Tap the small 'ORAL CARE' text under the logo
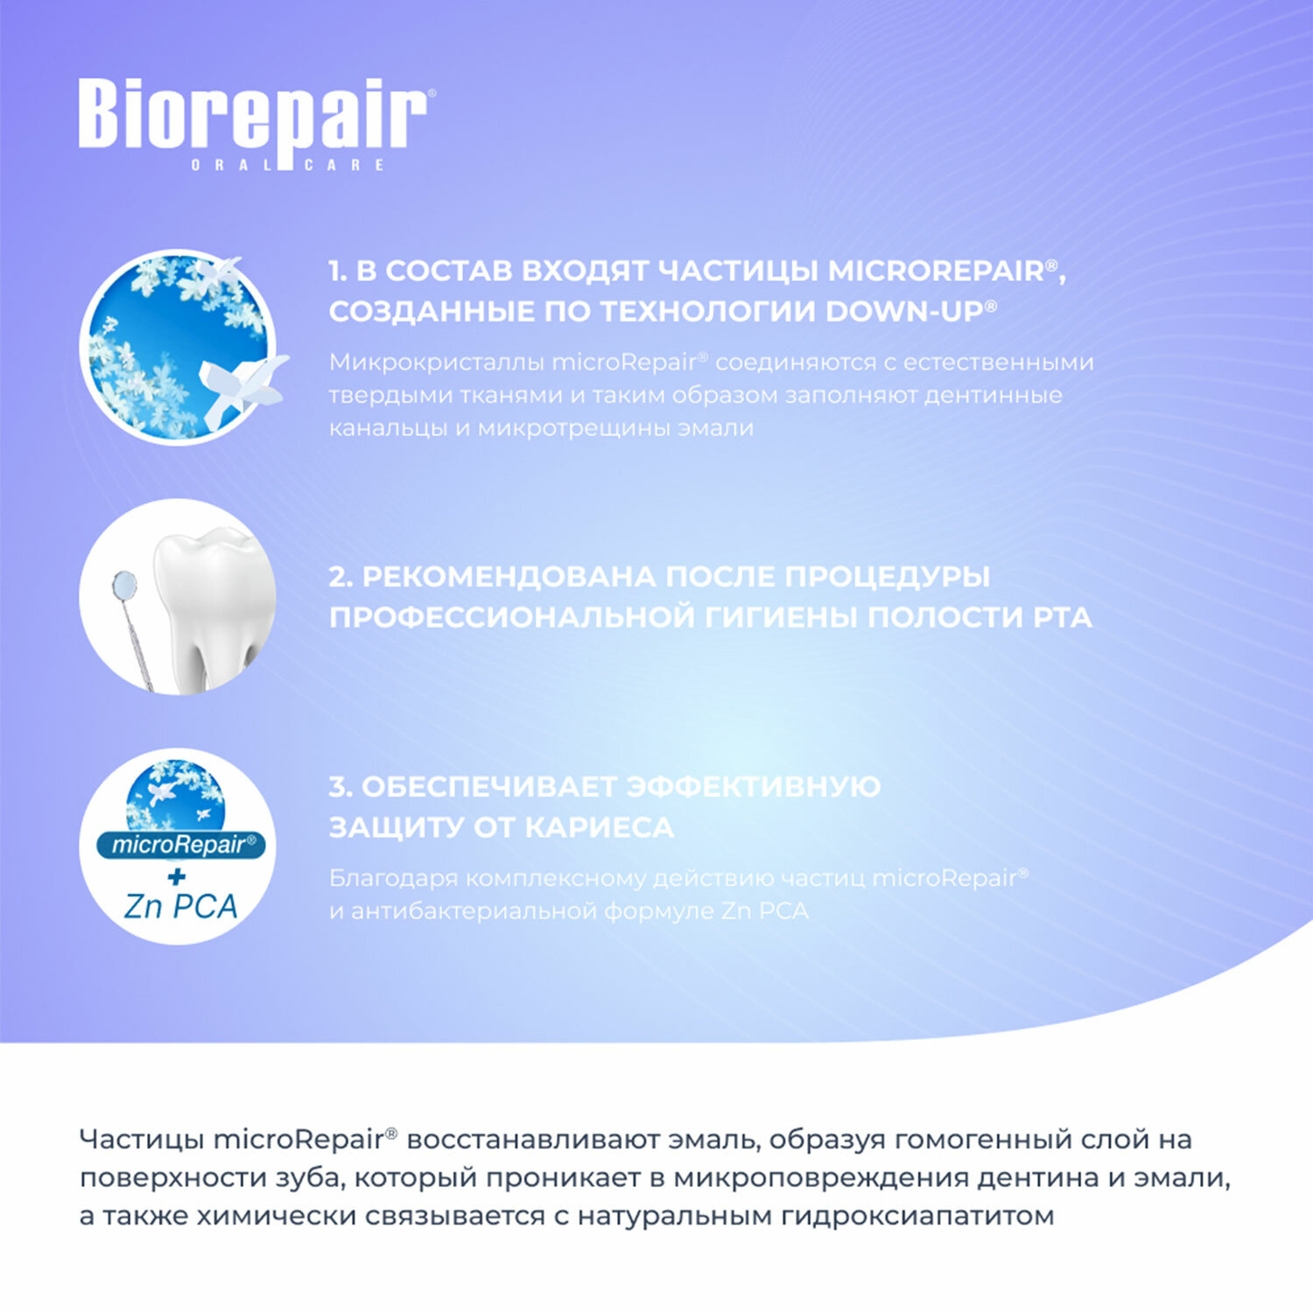click(288, 165)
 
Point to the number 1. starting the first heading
click(338, 271)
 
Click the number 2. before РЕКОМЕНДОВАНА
click(341, 577)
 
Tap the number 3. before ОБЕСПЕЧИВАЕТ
click(341, 787)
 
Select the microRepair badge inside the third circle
click(180, 845)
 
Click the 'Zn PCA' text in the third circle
click(180, 907)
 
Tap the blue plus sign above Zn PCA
click(177, 876)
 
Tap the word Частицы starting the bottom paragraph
click(142, 1140)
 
